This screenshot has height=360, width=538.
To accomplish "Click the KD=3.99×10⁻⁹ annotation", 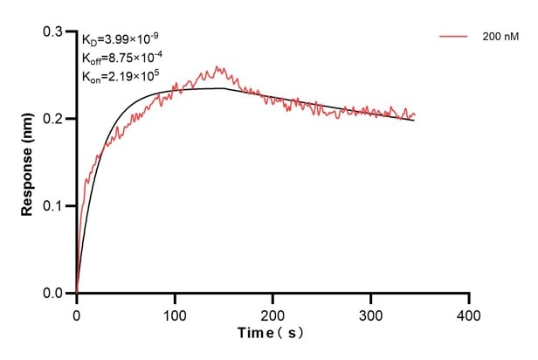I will click(115, 39).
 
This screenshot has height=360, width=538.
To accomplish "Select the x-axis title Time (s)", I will click(272, 334).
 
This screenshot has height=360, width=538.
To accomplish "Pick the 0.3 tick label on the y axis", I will click(54, 31).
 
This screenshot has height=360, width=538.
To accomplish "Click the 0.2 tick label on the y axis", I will click(54, 119).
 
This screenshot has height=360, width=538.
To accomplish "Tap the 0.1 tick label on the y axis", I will click(54, 206).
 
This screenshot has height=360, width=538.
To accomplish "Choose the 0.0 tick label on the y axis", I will click(54, 294).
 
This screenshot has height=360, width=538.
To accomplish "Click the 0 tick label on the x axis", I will click(77, 312).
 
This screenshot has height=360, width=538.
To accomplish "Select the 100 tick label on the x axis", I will click(175, 312).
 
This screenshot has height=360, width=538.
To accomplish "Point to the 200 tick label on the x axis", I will click(273, 312).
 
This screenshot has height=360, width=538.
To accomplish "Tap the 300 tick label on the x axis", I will click(371, 312).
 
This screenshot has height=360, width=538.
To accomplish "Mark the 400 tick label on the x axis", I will click(470, 312).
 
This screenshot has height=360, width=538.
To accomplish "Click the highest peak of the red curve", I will click(216, 66).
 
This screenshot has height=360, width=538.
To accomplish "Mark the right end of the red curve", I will click(415, 114).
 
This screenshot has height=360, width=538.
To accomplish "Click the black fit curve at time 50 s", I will click(126, 109).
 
